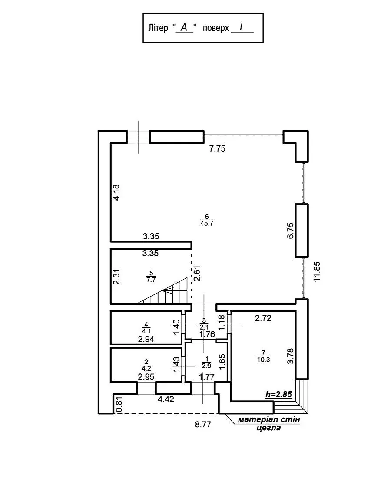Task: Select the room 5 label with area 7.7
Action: coord(151,276)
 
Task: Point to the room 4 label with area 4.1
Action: coord(146,327)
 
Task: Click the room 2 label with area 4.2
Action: coord(146,363)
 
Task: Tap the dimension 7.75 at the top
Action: coord(217,149)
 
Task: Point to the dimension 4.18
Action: coord(116,192)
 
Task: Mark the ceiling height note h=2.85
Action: coord(278,395)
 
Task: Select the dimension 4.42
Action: coord(166,399)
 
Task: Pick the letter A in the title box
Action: coord(184,28)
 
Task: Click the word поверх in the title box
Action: coord(215,28)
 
